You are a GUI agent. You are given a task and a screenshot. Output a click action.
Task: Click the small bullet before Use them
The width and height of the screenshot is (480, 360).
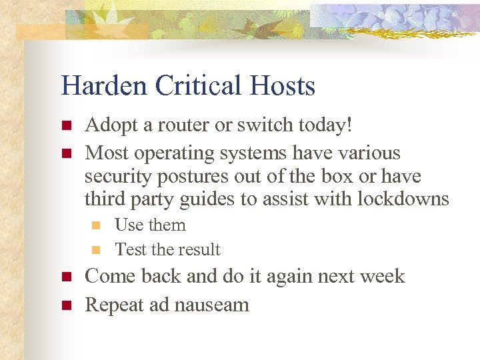click(x=97, y=226)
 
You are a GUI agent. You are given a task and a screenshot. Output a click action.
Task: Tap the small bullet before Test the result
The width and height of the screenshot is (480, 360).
click(x=97, y=251)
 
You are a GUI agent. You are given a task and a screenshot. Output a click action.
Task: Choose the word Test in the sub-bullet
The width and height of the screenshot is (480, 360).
click(x=131, y=250)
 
